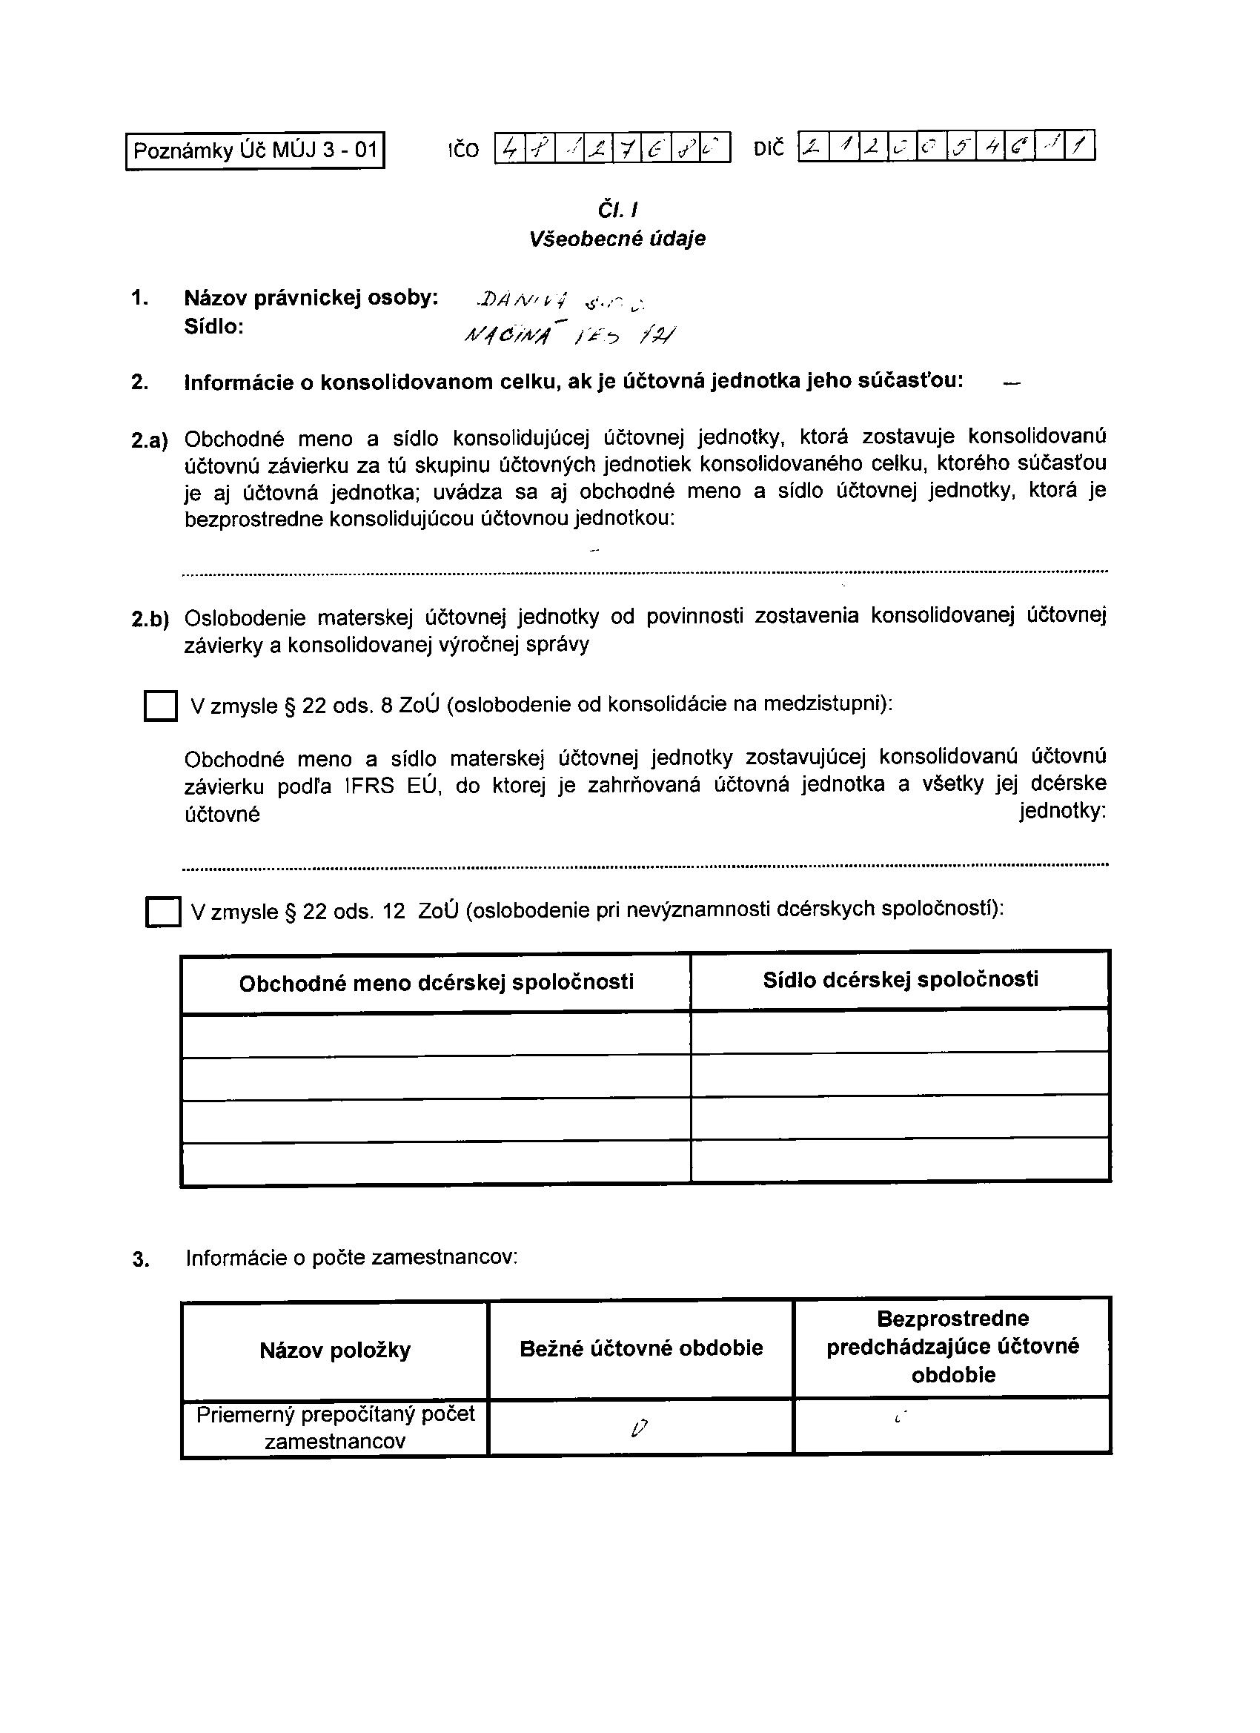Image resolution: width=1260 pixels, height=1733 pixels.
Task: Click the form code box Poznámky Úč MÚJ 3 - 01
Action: [255, 150]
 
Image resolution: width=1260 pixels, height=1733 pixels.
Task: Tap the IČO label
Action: [464, 150]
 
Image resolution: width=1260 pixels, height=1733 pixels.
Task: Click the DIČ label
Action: [769, 148]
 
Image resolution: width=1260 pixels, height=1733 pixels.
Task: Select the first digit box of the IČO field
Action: [510, 148]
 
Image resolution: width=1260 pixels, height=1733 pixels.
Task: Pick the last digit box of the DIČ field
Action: [1081, 146]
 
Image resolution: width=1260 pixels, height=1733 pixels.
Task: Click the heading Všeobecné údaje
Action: [617, 239]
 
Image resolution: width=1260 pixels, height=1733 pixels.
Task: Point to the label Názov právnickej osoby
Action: [311, 298]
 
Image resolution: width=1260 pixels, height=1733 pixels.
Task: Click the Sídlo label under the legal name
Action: [214, 327]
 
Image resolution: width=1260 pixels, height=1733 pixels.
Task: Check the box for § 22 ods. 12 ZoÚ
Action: [163, 912]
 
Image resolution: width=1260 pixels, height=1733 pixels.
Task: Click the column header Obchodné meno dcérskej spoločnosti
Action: [437, 983]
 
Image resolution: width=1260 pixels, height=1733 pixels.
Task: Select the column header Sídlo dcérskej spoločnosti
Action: [900, 980]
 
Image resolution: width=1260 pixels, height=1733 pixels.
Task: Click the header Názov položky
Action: [335, 1351]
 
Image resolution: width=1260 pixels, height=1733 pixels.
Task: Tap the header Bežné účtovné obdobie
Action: [641, 1348]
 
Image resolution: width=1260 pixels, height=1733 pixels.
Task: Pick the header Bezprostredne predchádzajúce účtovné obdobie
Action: [953, 1346]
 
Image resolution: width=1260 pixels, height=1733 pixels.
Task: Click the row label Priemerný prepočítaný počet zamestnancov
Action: [335, 1428]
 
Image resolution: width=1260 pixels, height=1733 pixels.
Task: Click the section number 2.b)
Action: [150, 619]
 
